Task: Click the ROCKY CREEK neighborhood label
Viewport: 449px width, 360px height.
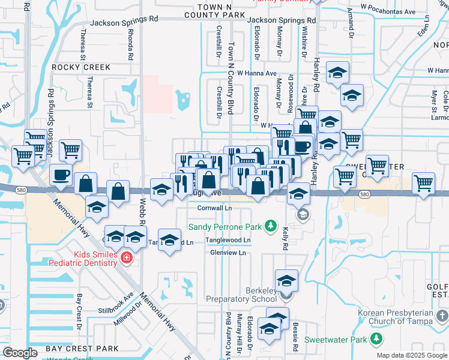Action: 81,67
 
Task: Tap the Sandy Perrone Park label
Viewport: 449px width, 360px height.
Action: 226,227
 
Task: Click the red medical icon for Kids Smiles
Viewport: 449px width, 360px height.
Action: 125,259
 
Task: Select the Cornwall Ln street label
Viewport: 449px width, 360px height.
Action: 214,208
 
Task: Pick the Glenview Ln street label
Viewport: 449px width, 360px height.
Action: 228,253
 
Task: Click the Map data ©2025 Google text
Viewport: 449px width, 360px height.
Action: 411,355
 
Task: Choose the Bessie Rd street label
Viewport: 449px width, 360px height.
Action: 296,339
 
